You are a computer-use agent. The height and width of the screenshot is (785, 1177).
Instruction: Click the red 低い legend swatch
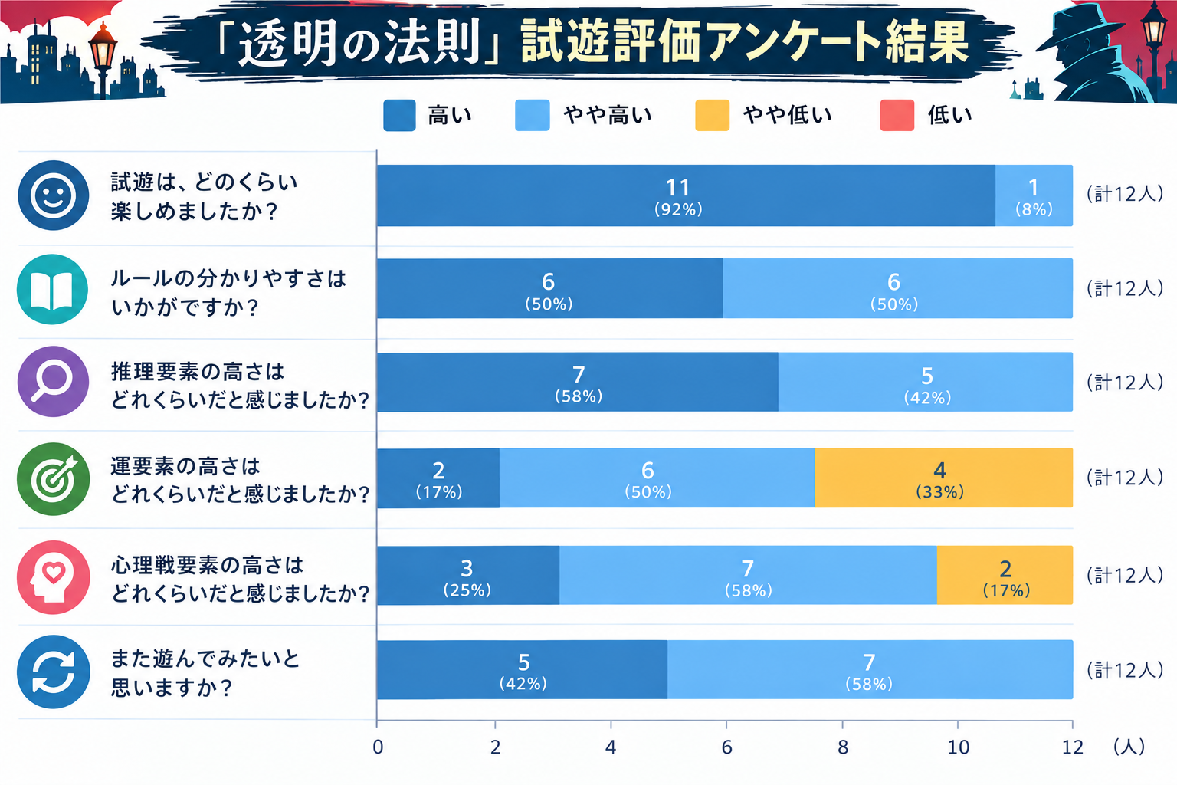897,115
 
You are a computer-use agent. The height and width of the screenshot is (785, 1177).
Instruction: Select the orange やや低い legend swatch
712,115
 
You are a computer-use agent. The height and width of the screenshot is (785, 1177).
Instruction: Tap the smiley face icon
53,195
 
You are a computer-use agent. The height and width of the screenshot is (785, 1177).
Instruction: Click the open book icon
52,289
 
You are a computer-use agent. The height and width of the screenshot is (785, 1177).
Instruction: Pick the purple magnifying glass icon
53,381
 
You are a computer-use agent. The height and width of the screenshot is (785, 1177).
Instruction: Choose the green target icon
53,478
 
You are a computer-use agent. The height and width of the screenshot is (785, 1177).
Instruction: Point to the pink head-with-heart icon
53,576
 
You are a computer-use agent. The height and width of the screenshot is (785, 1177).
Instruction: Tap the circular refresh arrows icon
53,672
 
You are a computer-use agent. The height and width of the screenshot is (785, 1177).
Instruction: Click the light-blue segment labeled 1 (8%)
1034,195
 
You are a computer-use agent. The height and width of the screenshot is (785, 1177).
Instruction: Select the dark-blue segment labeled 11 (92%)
686,195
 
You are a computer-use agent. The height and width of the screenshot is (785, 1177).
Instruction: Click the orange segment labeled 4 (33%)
944,478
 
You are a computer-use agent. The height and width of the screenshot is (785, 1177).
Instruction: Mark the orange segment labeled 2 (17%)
1005,575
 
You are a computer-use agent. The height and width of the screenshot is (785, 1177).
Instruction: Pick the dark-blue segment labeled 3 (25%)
468,575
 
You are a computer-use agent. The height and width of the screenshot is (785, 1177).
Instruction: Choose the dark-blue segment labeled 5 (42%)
522,669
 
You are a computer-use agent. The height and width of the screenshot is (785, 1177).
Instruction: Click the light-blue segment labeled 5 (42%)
926,382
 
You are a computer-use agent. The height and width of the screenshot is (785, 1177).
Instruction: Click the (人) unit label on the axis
1129,747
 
